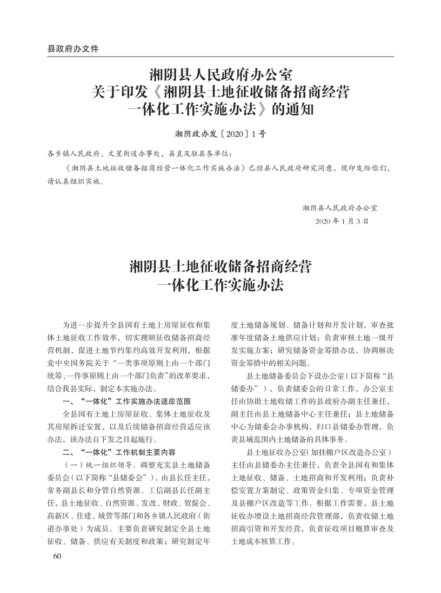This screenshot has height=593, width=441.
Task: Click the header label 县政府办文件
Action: click(x=73, y=48)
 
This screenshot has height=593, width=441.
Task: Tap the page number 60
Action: click(x=53, y=556)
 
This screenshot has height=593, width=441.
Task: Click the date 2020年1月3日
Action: click(x=344, y=221)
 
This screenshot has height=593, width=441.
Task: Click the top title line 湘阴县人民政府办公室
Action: click(x=220, y=73)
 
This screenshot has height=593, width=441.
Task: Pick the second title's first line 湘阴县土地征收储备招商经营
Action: click(x=220, y=267)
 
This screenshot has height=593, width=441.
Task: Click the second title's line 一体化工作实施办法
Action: click(x=220, y=286)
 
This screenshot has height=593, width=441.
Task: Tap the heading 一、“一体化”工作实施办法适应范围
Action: click(x=126, y=401)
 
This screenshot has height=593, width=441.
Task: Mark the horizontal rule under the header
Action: click(x=220, y=57)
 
